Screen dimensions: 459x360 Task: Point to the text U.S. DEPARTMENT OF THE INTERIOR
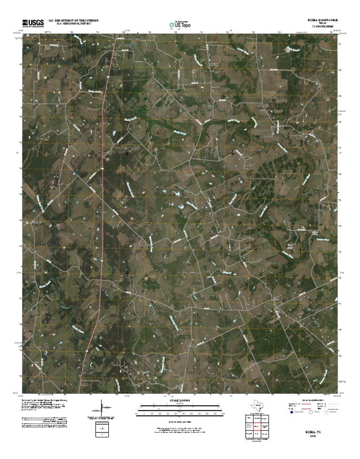(x=71, y=21)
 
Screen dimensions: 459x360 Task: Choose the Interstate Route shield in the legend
(x=291, y=413)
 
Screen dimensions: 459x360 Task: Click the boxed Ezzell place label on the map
(x=275, y=298)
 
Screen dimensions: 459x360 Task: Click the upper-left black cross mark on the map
(x=127, y=153)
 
